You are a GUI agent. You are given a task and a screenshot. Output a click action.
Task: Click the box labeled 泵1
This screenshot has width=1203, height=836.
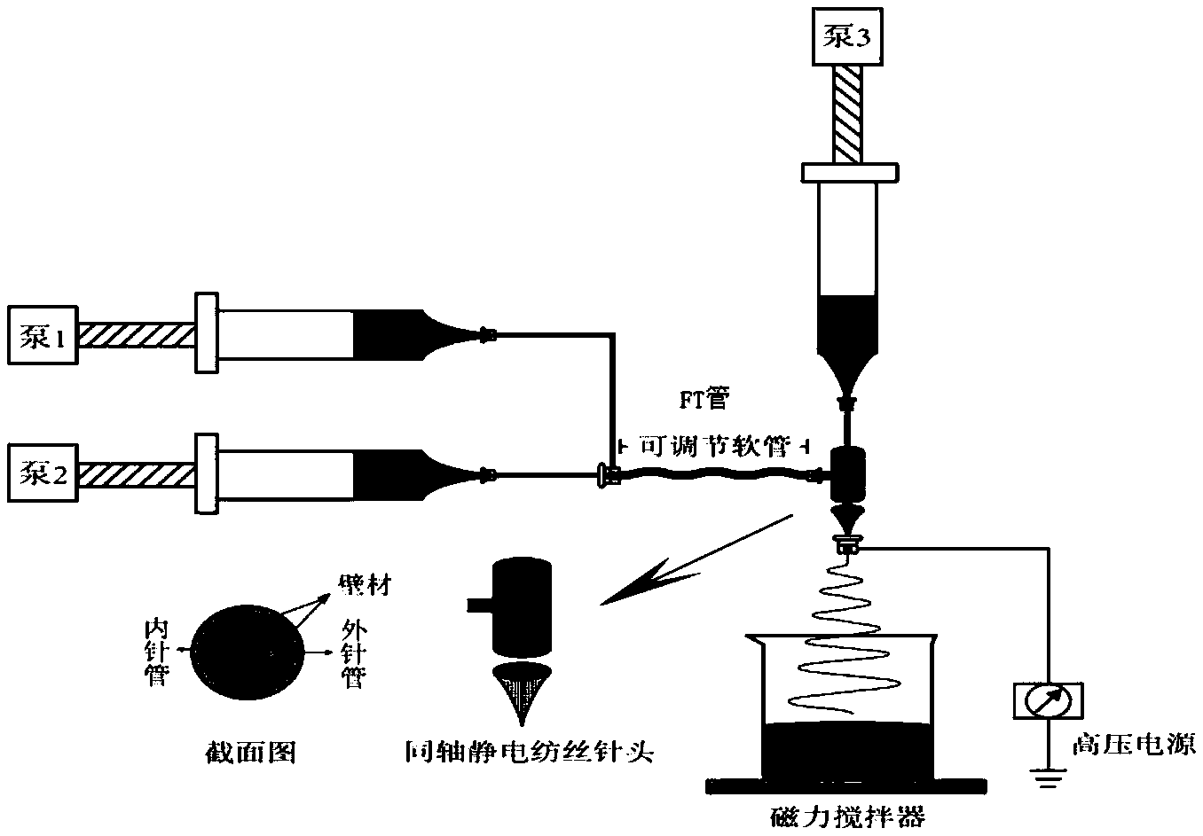pyautogui.click(x=42, y=335)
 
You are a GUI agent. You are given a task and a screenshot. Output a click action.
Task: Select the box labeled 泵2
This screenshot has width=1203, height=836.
pyautogui.click(x=42, y=474)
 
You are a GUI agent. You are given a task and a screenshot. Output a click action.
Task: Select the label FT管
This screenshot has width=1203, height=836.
pyautogui.click(x=703, y=400)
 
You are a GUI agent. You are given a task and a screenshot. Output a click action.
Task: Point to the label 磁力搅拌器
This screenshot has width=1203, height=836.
pyautogui.click(x=849, y=815)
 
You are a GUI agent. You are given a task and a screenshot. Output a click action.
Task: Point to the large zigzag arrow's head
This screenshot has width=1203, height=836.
pyautogui.click(x=612, y=598)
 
